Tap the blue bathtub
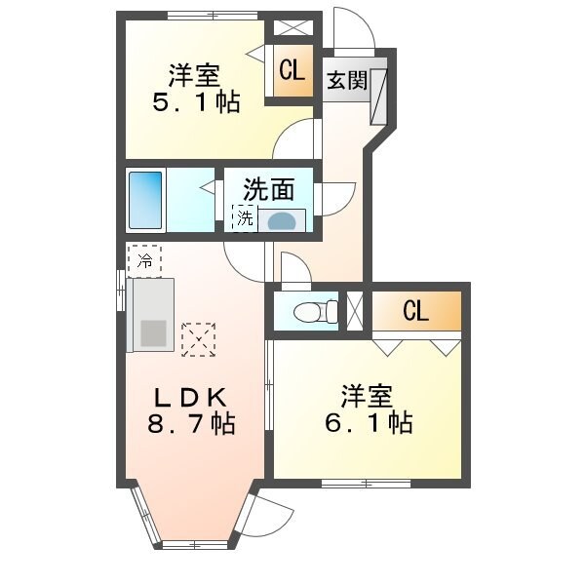tap(145, 200)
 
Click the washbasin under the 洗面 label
tap(282, 220)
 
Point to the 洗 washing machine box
tap(244, 218)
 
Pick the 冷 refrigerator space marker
tap(144, 260)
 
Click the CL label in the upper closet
tap(291, 71)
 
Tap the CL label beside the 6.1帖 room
tap(415, 312)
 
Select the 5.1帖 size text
tap(196, 102)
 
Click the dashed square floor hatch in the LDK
tap(198, 338)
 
